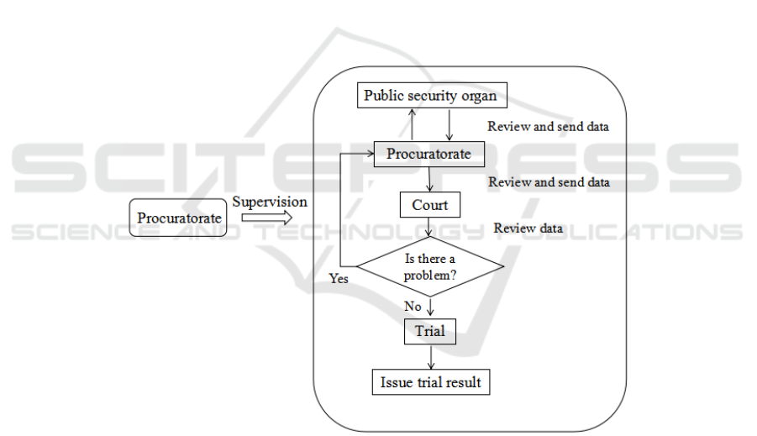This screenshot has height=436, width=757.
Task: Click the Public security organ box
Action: (430, 96)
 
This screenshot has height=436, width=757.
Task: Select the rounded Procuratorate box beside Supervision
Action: (179, 218)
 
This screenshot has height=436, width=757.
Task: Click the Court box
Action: (429, 205)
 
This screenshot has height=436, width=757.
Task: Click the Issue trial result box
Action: (430, 382)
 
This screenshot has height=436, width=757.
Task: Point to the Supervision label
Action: (270, 202)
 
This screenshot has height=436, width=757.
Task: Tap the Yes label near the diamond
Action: (339, 278)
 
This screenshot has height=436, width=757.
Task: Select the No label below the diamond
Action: (412, 307)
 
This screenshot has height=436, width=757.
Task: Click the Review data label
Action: (528, 229)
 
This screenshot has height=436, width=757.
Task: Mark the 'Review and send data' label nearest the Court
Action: (549, 182)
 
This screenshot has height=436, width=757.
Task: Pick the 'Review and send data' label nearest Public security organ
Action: (548, 127)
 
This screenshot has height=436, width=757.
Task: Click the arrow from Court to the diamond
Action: (430, 227)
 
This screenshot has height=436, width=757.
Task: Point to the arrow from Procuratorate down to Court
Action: (430, 178)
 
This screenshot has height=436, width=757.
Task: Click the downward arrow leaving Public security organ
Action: (449, 124)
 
